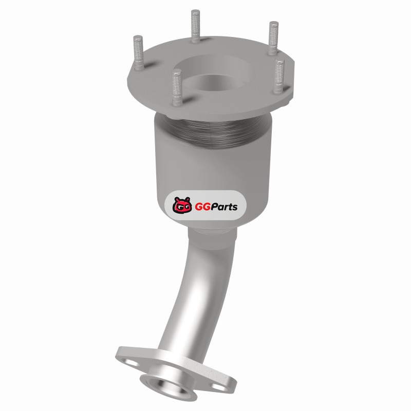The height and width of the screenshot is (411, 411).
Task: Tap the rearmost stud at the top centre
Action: (x=195, y=26)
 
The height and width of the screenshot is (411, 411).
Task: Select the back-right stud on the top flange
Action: (x=273, y=38)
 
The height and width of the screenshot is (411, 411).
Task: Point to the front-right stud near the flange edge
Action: (x=279, y=76)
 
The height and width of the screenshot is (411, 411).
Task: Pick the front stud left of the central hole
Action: (x=177, y=87)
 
